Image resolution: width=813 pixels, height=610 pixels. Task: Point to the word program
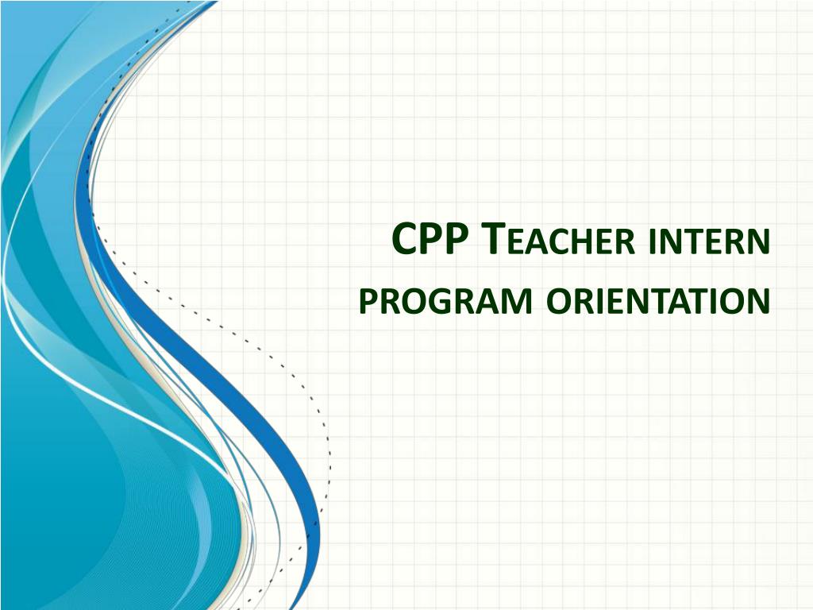pyautogui.click(x=445, y=301)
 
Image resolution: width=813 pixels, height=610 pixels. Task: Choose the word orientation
pyautogui.click(x=658, y=301)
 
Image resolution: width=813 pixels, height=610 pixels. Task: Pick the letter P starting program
pyautogui.click(x=368, y=301)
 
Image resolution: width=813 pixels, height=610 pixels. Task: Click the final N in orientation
pyautogui.click(x=758, y=301)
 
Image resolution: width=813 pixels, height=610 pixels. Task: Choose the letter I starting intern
pyautogui.click(x=652, y=241)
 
